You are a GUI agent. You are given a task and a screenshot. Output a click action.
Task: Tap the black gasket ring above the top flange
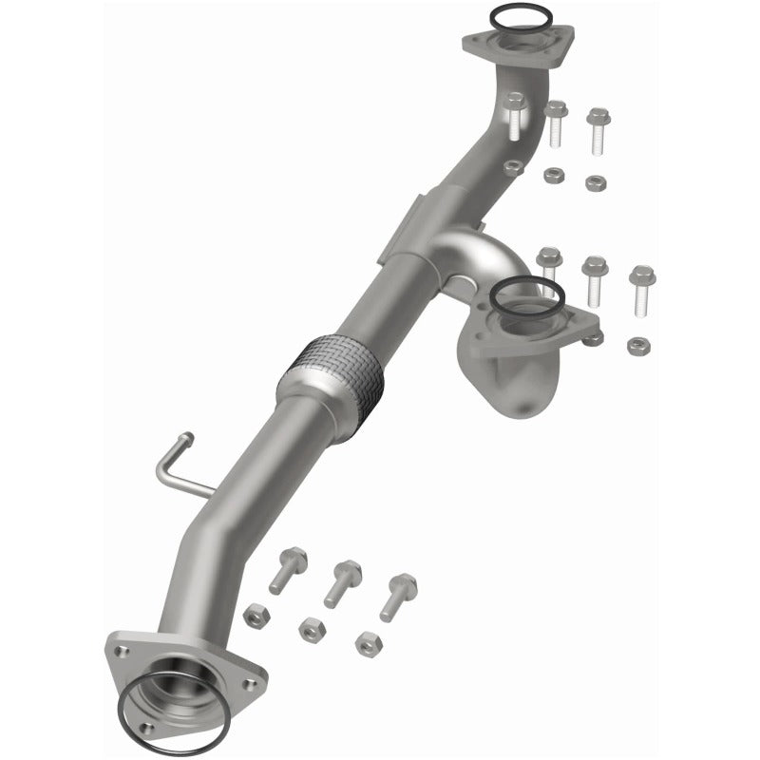tap(520, 16)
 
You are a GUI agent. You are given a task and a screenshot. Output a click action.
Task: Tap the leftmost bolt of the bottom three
tap(288, 569)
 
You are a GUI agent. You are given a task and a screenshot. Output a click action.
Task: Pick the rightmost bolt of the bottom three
tap(399, 595)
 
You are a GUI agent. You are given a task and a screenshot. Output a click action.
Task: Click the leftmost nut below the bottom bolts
tap(255, 615)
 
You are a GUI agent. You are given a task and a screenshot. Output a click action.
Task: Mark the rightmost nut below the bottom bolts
tap(365, 642)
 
